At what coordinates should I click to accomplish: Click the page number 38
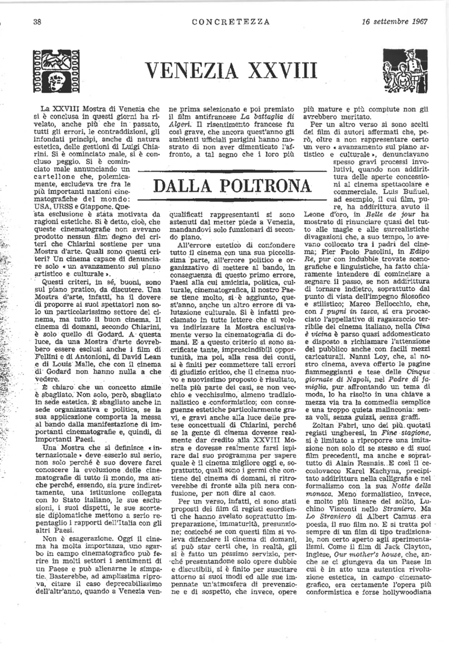pyautogui.click(x=36, y=22)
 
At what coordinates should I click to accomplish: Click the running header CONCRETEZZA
pyautogui.click(x=223, y=22)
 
